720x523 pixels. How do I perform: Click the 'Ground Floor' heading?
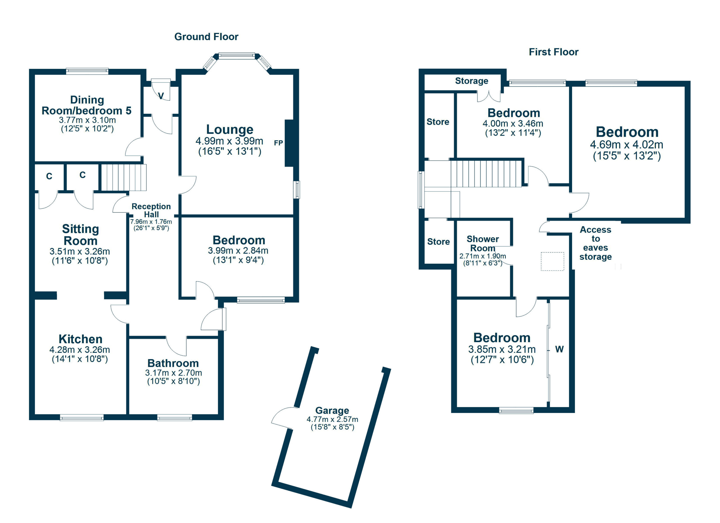[x=206, y=37]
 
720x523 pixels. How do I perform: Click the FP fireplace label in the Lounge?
[x=278, y=143]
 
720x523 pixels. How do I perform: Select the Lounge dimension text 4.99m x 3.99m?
[x=229, y=141]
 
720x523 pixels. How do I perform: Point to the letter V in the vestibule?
[x=161, y=96]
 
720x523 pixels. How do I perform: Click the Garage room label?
[x=332, y=410]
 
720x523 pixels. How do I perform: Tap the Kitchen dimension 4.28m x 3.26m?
[x=80, y=350]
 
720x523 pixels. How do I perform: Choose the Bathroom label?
[x=173, y=363]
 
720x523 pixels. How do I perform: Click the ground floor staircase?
[x=124, y=178]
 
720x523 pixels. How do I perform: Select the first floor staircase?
[x=486, y=174]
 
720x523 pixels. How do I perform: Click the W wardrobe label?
[x=559, y=349]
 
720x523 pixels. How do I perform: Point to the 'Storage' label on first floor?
[x=471, y=81]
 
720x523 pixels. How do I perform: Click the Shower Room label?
[x=483, y=244]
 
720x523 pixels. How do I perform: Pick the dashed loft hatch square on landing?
[x=552, y=261]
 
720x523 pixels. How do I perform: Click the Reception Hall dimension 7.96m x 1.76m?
[x=151, y=222]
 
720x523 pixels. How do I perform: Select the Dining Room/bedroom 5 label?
[x=86, y=105]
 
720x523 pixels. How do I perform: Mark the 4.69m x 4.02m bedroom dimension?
[x=626, y=145]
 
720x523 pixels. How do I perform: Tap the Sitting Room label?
[x=80, y=235]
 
